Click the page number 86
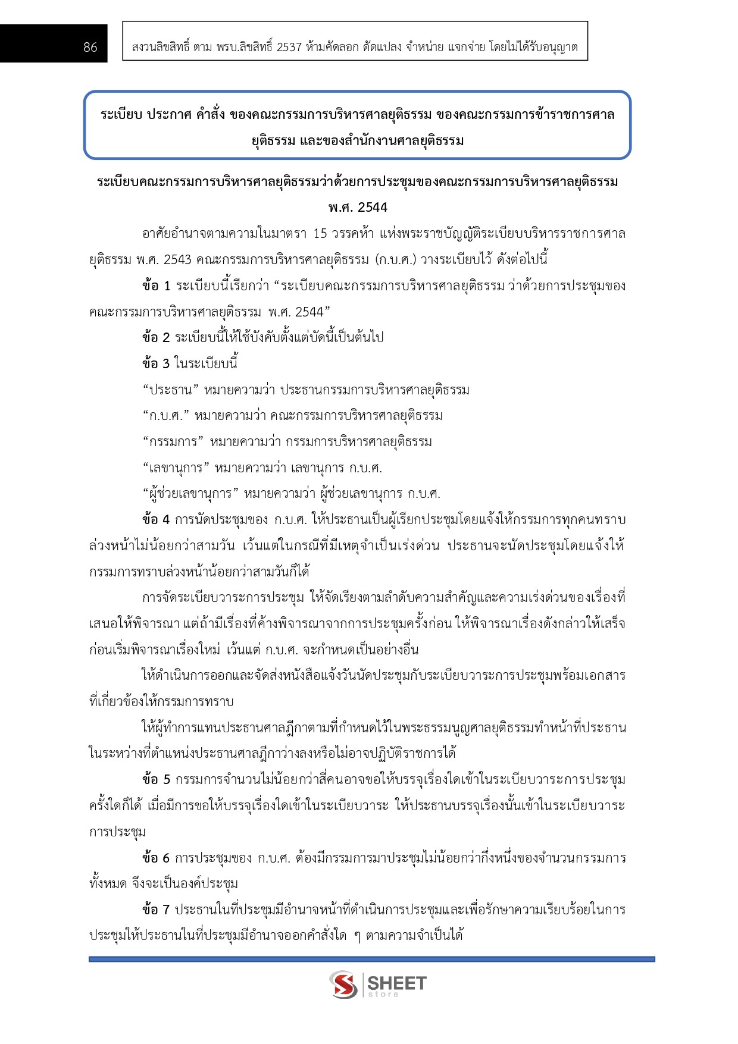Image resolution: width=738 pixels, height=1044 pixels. tap(90, 48)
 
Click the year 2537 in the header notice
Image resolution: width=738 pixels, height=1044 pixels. tap(289, 48)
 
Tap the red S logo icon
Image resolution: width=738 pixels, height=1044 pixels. tap(343, 985)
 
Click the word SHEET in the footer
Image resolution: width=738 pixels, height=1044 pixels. tap(397, 983)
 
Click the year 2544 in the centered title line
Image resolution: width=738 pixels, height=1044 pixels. tap(373, 208)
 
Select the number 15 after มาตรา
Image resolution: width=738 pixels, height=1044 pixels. tap(320, 234)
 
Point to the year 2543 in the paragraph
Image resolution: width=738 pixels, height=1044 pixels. tap(177, 260)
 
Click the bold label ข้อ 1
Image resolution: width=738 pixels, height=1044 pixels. tap(156, 286)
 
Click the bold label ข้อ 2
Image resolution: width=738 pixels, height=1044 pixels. tap(156, 338)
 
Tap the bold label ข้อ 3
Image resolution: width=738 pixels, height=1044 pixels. tap(156, 363)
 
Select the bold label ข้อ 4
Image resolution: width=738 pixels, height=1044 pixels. tap(156, 520)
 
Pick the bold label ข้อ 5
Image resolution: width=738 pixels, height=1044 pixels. tap(156, 780)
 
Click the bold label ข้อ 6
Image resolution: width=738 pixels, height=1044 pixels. tap(156, 858)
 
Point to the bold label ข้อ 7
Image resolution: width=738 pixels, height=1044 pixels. tap(156, 910)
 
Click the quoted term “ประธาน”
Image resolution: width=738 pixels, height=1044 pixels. tap(171, 390)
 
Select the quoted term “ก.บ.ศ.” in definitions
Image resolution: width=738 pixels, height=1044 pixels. tap(166, 416)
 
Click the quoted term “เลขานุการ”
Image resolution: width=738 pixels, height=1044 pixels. tap(176, 468)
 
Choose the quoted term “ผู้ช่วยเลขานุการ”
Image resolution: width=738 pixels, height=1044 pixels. tap(190, 494)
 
